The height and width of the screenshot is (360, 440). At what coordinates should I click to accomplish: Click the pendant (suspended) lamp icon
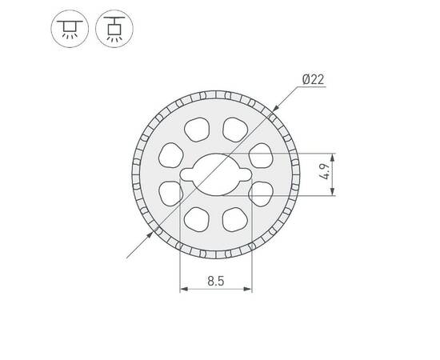pyautogui.click(x=110, y=30)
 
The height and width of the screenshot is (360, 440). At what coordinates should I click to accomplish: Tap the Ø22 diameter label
pyautogui.click(x=314, y=78)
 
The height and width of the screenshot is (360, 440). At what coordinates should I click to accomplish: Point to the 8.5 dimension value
pyautogui.click(x=215, y=282)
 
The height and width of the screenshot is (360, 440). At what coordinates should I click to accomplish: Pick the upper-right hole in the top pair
pyautogui.click(x=234, y=128)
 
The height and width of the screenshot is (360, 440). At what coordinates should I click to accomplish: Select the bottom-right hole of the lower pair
pyautogui.click(x=234, y=218)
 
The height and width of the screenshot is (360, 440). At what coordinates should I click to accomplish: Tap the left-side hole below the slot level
pyautogui.click(x=170, y=192)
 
